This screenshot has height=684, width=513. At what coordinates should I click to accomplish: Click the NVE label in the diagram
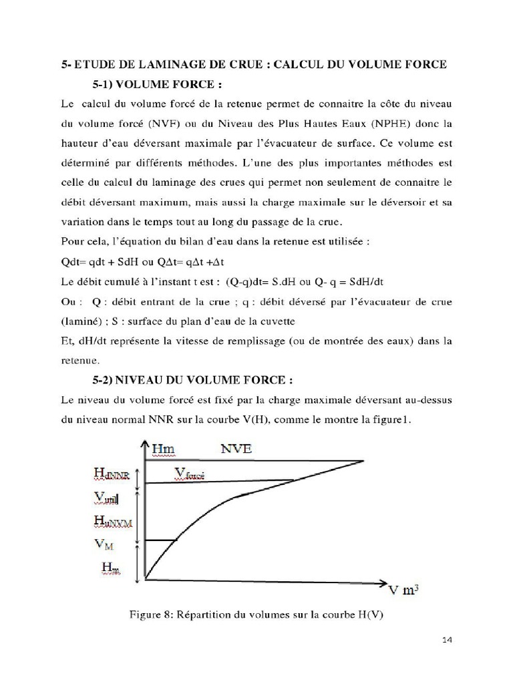point(236,449)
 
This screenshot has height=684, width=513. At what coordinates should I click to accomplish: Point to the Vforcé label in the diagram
point(190,474)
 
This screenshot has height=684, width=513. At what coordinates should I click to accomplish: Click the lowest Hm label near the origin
point(111,567)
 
